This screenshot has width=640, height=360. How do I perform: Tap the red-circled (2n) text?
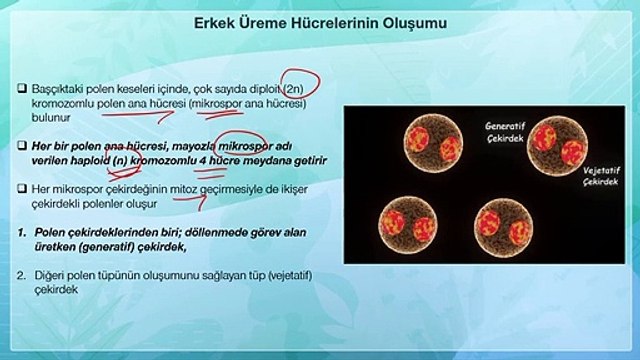click(293, 88)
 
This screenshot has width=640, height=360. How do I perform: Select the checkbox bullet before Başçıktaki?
click(22, 88)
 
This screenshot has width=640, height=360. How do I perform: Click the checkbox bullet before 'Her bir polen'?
click(22, 146)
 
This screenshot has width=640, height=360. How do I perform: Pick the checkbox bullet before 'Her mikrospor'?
click(22, 189)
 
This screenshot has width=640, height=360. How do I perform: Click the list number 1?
click(22, 232)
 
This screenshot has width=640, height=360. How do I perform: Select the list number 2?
click(22, 276)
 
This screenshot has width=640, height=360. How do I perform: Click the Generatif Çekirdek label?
click(505, 132)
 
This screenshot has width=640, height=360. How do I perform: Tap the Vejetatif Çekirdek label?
click(601, 176)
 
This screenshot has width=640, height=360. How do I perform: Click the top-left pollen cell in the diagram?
click(433, 143)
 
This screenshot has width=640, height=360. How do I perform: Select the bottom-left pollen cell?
click(408, 226)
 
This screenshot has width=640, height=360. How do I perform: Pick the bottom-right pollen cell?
click(504, 228)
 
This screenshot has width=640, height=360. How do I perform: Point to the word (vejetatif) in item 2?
click(290, 276)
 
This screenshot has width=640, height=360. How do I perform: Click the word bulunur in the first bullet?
click(51, 118)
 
